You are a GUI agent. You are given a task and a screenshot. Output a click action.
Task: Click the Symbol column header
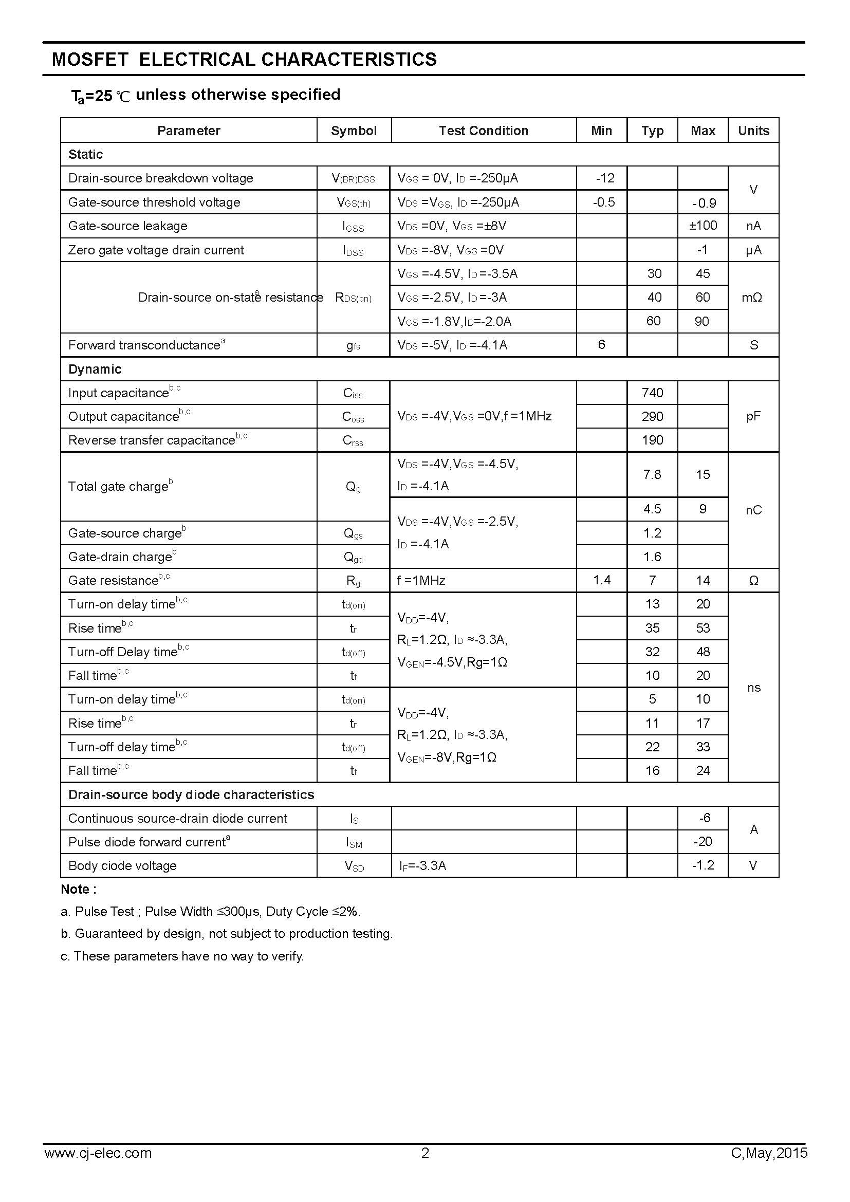click(353, 131)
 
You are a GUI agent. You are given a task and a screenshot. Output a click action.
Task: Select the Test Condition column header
click(483, 131)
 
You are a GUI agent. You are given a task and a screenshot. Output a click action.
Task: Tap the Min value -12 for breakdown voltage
click(604, 178)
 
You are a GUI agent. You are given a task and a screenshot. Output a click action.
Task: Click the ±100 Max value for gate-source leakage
click(703, 226)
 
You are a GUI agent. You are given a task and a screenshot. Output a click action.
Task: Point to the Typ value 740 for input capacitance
click(652, 393)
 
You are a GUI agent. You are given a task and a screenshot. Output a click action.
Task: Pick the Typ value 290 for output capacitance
click(652, 416)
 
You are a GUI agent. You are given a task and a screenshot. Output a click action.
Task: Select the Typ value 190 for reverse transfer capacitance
click(652, 440)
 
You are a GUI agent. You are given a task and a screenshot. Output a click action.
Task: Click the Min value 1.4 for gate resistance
click(602, 580)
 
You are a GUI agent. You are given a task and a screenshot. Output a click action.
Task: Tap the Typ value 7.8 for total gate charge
click(652, 474)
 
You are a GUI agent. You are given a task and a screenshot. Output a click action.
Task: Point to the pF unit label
click(753, 416)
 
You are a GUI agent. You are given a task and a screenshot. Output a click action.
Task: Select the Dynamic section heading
click(95, 369)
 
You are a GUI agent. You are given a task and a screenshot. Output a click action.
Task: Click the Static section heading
click(85, 155)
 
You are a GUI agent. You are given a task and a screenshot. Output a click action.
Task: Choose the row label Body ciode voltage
click(122, 865)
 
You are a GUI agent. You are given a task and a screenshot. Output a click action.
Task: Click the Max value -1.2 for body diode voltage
click(703, 865)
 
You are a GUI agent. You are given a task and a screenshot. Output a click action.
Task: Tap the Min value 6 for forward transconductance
click(601, 344)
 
